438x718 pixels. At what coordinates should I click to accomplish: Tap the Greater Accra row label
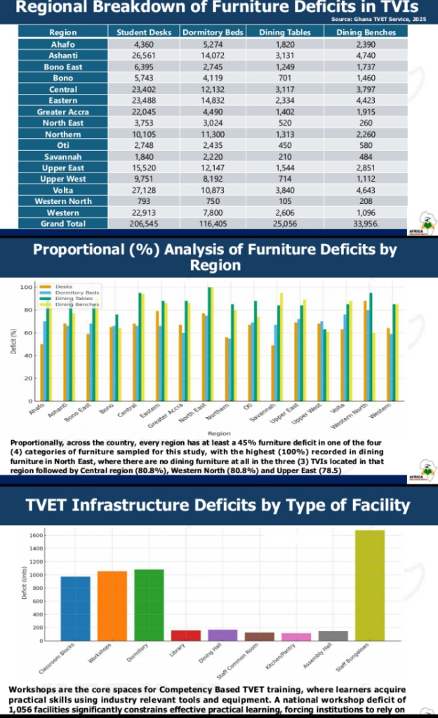click(x=63, y=111)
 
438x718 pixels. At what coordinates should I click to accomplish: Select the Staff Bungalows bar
click(x=370, y=585)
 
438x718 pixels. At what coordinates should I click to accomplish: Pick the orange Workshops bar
click(x=112, y=606)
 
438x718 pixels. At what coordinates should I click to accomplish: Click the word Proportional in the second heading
click(x=77, y=250)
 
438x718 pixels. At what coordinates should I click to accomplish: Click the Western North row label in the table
click(x=63, y=201)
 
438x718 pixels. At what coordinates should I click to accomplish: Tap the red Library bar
click(x=185, y=635)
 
